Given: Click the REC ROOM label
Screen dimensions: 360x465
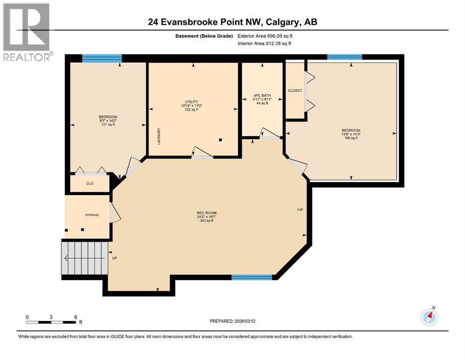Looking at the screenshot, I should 207,213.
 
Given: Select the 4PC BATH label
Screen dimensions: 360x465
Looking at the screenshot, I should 262,99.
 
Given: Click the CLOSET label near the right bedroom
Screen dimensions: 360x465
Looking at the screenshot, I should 295,90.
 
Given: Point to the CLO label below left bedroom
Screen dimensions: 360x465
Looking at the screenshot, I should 89,183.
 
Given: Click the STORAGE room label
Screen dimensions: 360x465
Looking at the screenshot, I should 92,215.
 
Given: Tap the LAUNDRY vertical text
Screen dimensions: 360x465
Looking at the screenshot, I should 159,136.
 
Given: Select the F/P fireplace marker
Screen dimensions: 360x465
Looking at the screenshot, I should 300,210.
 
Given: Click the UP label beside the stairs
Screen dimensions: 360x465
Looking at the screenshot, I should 114,258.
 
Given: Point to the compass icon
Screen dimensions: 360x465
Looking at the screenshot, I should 429,317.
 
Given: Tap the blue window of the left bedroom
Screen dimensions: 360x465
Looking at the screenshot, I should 102,59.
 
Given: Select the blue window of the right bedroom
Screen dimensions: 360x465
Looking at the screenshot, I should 345,57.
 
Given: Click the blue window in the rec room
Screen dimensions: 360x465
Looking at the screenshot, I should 252,277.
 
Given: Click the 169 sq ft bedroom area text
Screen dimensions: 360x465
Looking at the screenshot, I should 351,138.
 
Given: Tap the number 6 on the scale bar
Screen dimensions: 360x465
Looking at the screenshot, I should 75,316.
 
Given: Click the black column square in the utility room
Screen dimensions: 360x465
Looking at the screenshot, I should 220,140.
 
